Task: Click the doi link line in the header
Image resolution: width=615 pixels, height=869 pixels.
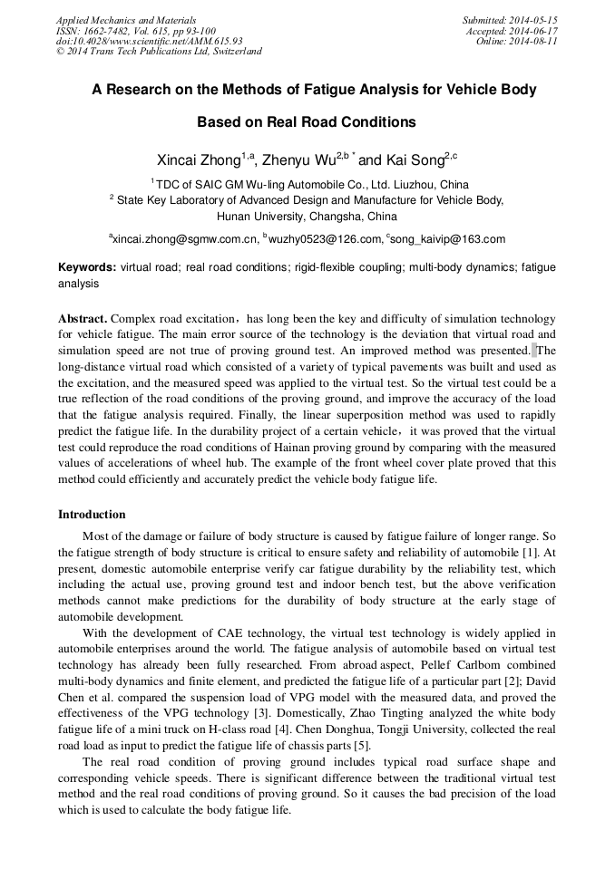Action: [x=149, y=42]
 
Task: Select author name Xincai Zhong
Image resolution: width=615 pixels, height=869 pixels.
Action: [x=199, y=159]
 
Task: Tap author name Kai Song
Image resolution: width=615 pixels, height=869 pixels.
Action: [x=414, y=159]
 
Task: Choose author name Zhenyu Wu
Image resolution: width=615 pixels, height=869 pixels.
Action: [x=298, y=159]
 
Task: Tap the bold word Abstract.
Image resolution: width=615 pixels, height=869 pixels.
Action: [x=83, y=319]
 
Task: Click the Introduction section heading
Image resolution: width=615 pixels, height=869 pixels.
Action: [x=92, y=514]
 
